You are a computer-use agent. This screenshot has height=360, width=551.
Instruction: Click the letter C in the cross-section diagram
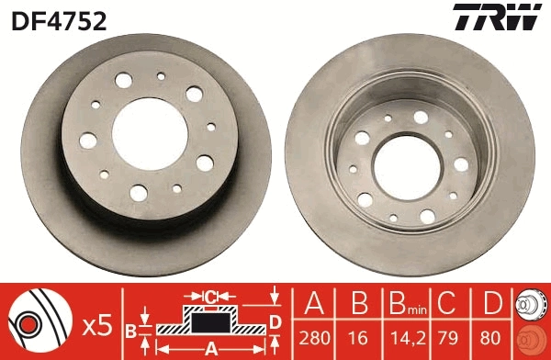pyautogui.click(x=209, y=297)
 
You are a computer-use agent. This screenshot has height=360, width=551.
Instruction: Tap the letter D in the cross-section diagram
pyautogui.click(x=275, y=320)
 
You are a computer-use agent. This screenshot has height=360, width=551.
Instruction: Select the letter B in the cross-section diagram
pyautogui.click(x=129, y=329)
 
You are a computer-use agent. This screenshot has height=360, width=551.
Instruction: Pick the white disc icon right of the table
pyautogui.click(x=533, y=304)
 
